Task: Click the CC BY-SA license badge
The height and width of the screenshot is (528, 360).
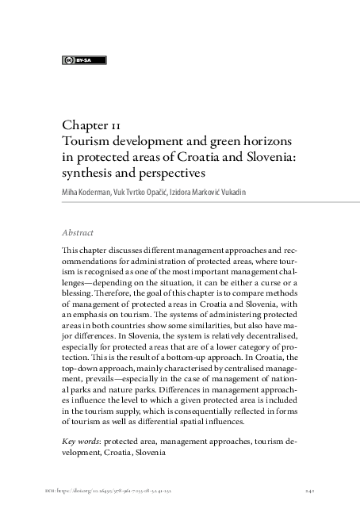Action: coord(83,60)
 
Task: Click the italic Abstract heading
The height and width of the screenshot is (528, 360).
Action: coord(78,233)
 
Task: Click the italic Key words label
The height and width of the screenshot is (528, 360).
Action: coord(80,439)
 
